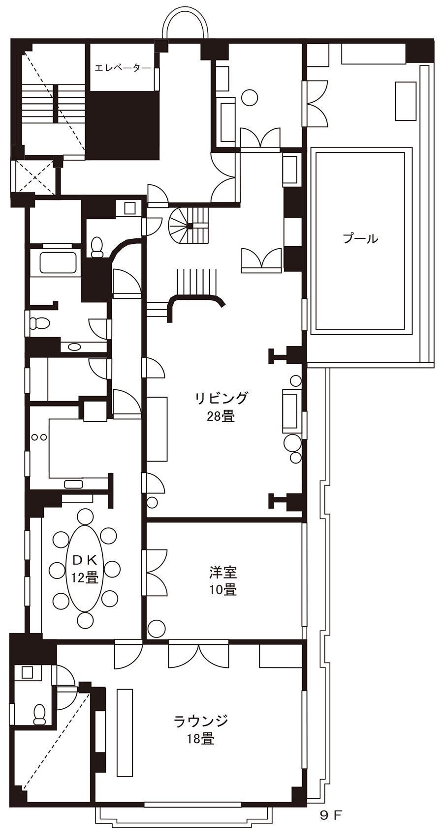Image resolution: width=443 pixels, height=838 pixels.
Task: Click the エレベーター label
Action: (123, 68)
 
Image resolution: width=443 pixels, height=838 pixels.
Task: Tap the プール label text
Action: (360, 239)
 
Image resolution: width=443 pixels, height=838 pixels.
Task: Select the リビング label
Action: (221, 398)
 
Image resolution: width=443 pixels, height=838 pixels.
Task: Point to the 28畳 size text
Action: (221, 416)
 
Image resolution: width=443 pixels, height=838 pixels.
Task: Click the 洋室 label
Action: (223, 572)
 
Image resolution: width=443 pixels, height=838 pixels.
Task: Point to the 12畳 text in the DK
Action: (85, 578)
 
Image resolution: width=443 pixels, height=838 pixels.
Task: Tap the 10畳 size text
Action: (223, 590)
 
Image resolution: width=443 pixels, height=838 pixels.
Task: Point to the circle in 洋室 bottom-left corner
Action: (157, 628)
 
